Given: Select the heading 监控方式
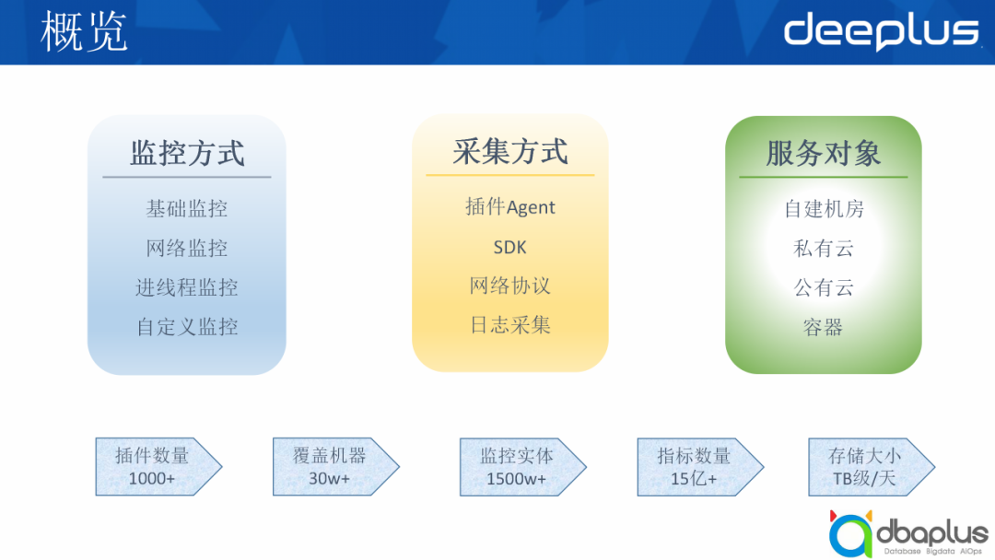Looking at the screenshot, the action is pos(187,153).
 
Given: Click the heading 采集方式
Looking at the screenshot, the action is pos(510,151).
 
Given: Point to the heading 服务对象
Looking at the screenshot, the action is pos(824,153).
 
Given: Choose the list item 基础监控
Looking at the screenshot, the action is pos(187,209).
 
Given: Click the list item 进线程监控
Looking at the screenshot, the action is pos(187,287).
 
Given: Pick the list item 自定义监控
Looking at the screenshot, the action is pos(187,327).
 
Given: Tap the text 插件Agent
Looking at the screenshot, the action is pos(510,207).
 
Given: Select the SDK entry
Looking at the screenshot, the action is pos(510,247).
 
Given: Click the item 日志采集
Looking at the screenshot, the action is pos(510,325).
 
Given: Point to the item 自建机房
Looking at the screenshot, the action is pos(824,209).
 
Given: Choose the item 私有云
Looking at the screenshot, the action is pos(824,249).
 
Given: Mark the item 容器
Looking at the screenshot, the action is pos(824,327).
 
